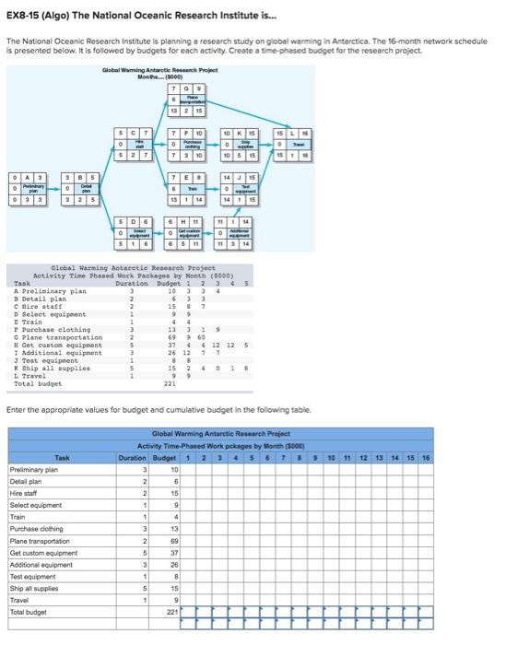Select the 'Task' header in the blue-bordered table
pyautogui.click(x=63, y=457)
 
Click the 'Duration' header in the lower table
pyautogui.click(x=134, y=457)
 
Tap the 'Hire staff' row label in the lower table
pyautogui.click(x=24, y=493)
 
